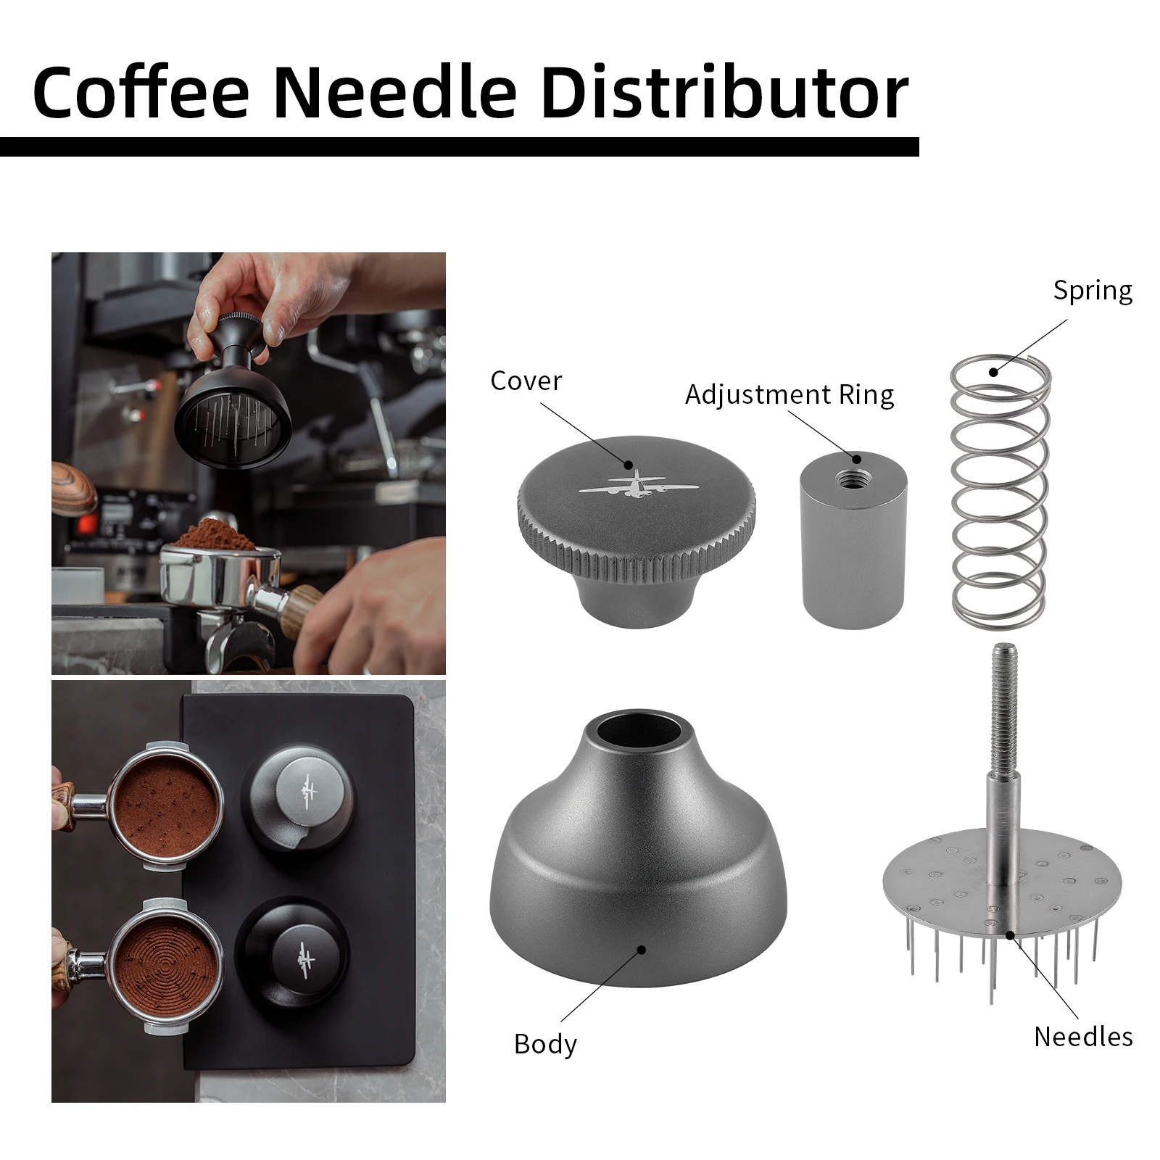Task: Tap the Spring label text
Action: tap(1093, 291)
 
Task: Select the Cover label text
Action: tap(526, 381)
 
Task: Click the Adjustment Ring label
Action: tap(789, 394)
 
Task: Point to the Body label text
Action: tap(545, 1044)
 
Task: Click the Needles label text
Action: tap(1083, 1036)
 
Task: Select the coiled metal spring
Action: tap(999, 493)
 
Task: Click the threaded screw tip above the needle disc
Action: tap(1003, 689)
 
